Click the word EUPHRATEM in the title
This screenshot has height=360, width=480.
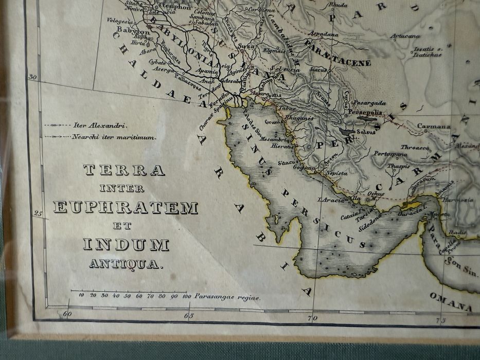click(x=125, y=207)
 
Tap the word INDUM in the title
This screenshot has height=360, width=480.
click(x=126, y=245)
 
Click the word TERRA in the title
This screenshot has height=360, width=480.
click(x=124, y=170)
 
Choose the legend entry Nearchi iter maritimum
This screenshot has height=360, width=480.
click(x=114, y=137)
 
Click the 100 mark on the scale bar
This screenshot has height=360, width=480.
click(x=186, y=296)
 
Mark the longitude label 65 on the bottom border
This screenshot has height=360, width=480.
click(x=189, y=316)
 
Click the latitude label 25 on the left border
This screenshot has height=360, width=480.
click(x=38, y=213)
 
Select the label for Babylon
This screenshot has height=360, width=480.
click(x=133, y=30)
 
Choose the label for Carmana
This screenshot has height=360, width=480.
click(x=433, y=126)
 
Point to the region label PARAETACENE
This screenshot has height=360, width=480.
click(x=337, y=62)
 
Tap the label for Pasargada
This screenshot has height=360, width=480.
click(x=369, y=103)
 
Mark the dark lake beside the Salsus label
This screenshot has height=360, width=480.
click(x=367, y=119)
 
